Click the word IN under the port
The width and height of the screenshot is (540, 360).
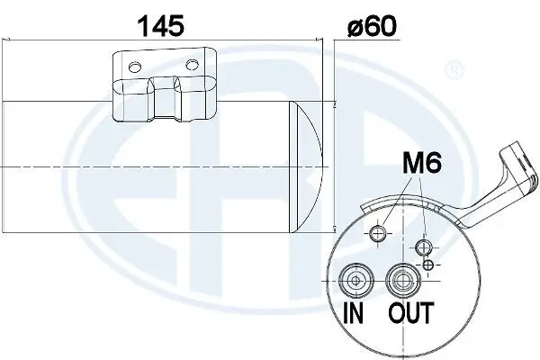[x=355, y=314]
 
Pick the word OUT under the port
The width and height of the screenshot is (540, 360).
[x=410, y=314]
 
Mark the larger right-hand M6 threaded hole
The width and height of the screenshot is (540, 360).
[x=422, y=247]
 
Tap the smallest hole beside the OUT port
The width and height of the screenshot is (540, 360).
[x=429, y=263]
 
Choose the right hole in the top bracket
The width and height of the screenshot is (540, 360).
[x=191, y=64]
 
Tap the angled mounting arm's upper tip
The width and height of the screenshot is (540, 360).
[x=513, y=148]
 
